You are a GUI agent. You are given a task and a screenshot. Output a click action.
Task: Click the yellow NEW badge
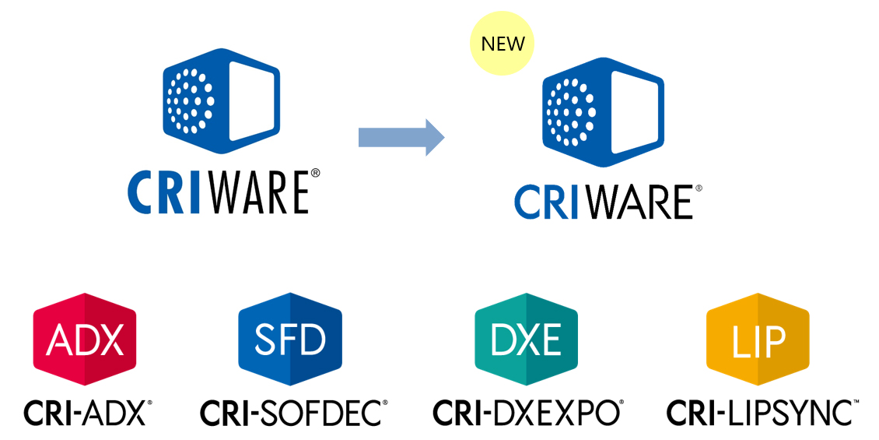click(503, 44)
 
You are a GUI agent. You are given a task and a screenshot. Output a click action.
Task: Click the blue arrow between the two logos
click(401, 138)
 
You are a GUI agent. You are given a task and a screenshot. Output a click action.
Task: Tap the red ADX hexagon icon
click(85, 339)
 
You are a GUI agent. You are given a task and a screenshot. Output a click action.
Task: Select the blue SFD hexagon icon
click(290, 339)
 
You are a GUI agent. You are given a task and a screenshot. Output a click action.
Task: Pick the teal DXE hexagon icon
click(527, 339)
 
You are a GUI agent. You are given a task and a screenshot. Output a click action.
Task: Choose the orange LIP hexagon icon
click(757, 339)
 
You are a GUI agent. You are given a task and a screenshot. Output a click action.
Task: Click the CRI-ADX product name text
click(86, 413)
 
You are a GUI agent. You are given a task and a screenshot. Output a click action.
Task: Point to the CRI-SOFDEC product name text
click(292, 413)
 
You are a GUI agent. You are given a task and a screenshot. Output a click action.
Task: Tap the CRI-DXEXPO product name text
click(527, 413)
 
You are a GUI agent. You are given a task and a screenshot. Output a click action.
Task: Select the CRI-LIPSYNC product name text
click(760, 413)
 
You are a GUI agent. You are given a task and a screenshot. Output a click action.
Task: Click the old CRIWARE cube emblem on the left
click(222, 101)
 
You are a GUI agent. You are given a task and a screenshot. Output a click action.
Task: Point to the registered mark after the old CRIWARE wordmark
click(315, 174)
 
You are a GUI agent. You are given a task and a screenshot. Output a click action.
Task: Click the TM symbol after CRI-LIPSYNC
click(856, 403)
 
